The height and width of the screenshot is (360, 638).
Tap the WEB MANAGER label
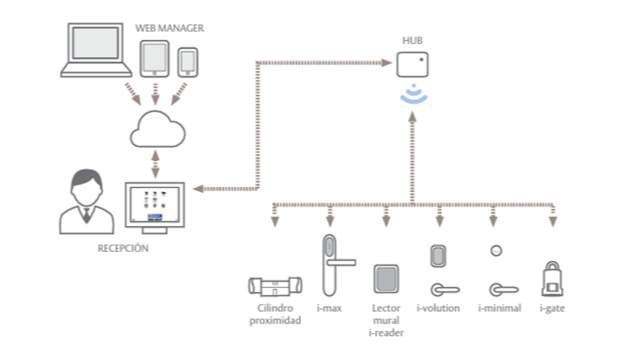(x=170, y=28)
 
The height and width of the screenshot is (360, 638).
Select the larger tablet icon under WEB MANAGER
(x=155, y=58)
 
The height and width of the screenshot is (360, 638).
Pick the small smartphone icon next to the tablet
(x=189, y=61)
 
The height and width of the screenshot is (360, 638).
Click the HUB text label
(x=412, y=39)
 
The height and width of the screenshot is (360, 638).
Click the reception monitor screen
(x=157, y=205)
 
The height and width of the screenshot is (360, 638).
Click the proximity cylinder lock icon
(x=275, y=287)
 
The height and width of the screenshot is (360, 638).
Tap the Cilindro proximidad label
(x=275, y=314)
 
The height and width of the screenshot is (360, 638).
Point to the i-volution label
(x=438, y=308)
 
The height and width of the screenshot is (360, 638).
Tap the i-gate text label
(x=552, y=308)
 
